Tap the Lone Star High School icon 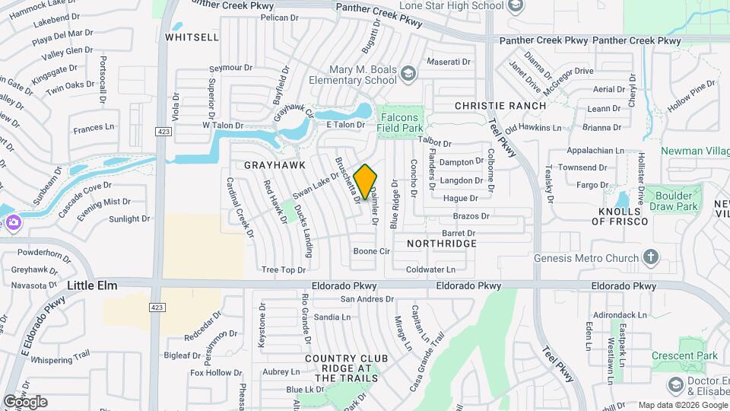point(516,6)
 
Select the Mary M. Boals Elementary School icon point(409,74)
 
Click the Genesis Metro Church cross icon point(650,257)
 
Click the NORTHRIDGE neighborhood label point(442,244)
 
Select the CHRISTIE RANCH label point(500,106)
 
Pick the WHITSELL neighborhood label point(192,37)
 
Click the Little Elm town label point(95,285)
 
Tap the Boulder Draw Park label point(673,200)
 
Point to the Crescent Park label point(684,355)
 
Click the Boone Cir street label point(372,250)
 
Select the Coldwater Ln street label point(430,269)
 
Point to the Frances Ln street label point(94,129)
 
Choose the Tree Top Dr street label point(283,269)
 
